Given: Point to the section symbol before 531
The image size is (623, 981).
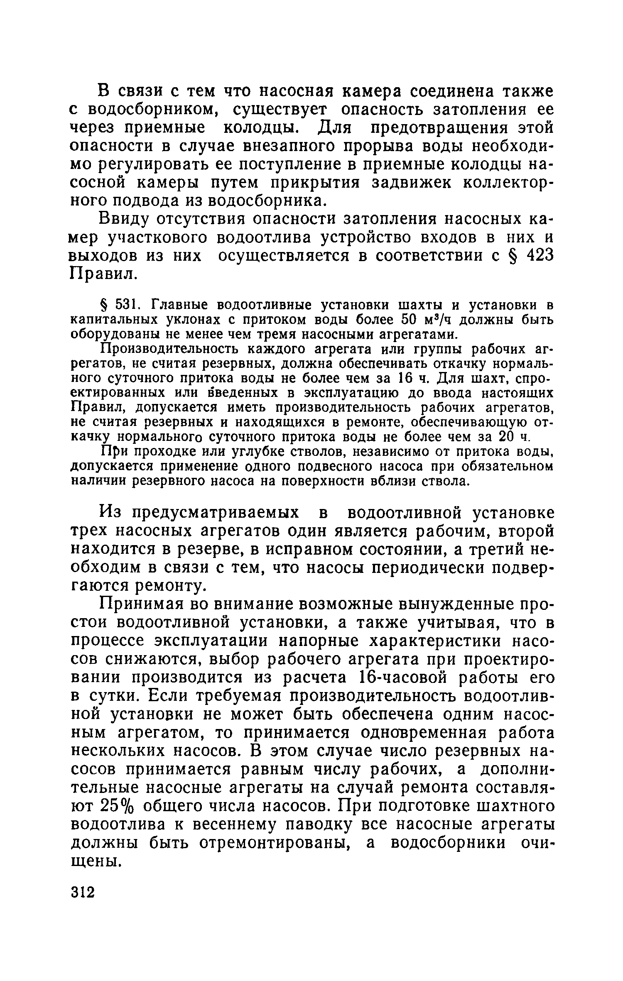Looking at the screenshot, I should [105, 306].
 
